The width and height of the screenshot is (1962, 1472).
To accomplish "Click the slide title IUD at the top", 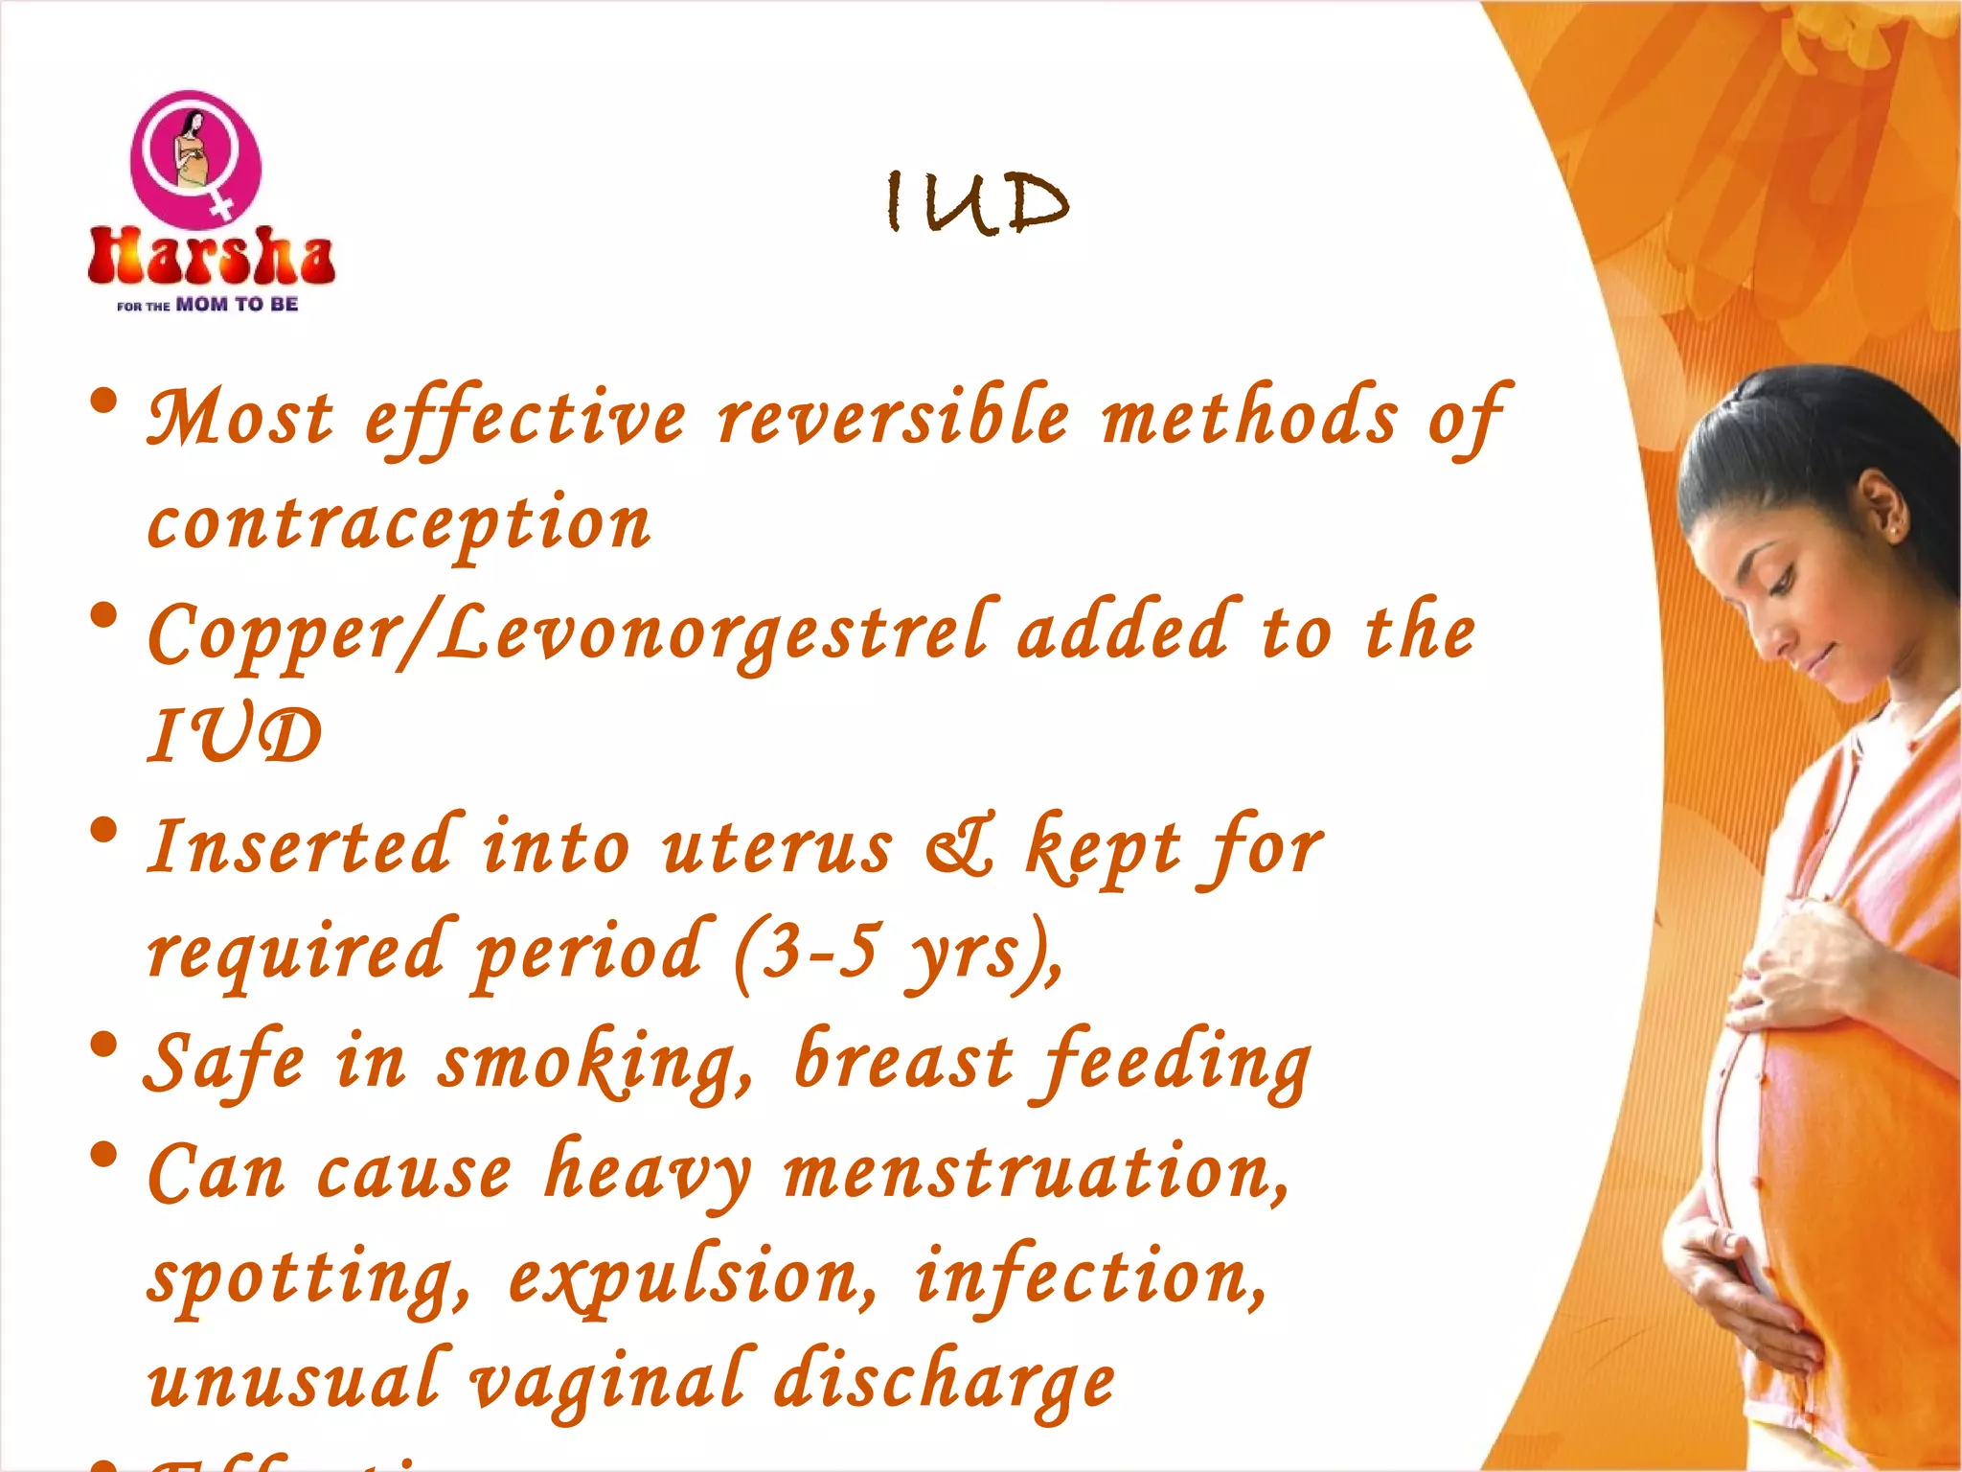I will (x=976, y=202).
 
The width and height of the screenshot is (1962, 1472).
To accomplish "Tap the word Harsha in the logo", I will (x=211, y=257).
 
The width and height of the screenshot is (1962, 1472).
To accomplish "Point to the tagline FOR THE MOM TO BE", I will (x=207, y=305).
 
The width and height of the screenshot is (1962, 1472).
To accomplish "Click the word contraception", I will (x=399, y=525).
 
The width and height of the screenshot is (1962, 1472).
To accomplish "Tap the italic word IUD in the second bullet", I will (x=235, y=736).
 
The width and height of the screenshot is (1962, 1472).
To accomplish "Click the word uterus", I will (x=777, y=847).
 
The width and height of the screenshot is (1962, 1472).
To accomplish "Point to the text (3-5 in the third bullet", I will (x=805, y=954).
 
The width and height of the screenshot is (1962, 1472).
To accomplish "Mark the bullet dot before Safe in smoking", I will (x=104, y=1046).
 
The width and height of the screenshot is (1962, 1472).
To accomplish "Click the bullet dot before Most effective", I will (x=104, y=402).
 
